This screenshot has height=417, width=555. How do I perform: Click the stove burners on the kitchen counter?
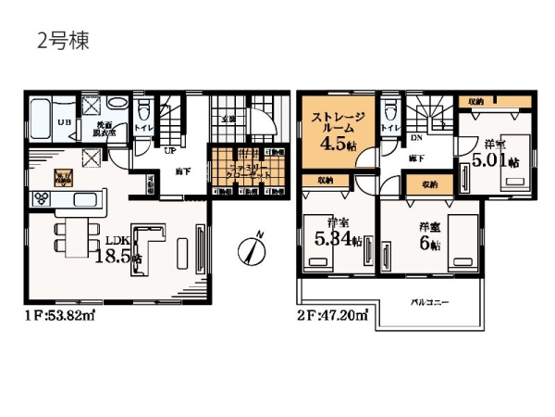(43, 197)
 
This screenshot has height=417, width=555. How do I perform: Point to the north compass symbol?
(252, 248)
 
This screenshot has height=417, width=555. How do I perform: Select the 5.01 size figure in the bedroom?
(490, 160)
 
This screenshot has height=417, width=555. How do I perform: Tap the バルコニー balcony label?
(428, 302)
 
